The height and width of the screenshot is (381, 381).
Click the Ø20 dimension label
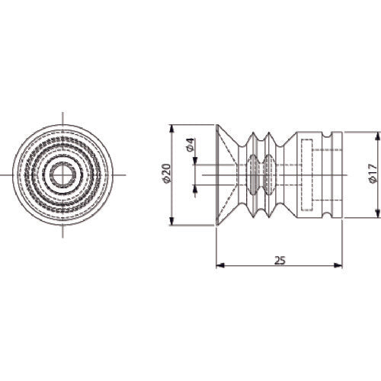pos(166,174)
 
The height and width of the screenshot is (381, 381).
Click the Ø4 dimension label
pos(190,145)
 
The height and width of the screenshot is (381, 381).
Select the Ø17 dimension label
pos(373,174)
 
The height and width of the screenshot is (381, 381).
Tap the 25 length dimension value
pos(280,261)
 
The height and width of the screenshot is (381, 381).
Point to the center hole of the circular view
pos(62,175)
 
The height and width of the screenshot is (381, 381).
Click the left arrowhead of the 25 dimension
pos(220,265)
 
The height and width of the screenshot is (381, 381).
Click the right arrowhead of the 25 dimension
pos(338,265)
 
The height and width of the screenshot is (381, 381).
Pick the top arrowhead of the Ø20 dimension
pos(172,129)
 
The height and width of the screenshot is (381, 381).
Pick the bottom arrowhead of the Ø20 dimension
pos(172,221)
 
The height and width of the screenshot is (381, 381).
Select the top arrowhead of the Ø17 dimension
pos(378,136)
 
